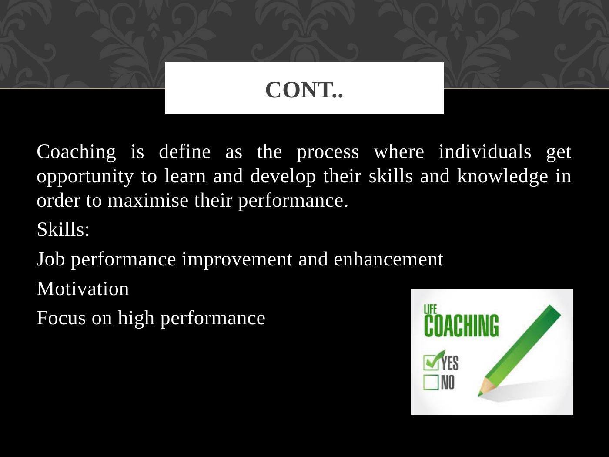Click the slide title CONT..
[x=304, y=90]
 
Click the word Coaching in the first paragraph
[x=76, y=152]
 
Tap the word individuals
[x=485, y=152]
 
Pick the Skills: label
[x=63, y=229]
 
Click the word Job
[x=51, y=259]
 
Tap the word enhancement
[x=388, y=259]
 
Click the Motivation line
[x=83, y=289]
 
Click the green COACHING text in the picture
[x=461, y=326]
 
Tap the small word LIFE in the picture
[x=430, y=309]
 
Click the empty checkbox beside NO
[x=431, y=383]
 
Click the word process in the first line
[x=328, y=152]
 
